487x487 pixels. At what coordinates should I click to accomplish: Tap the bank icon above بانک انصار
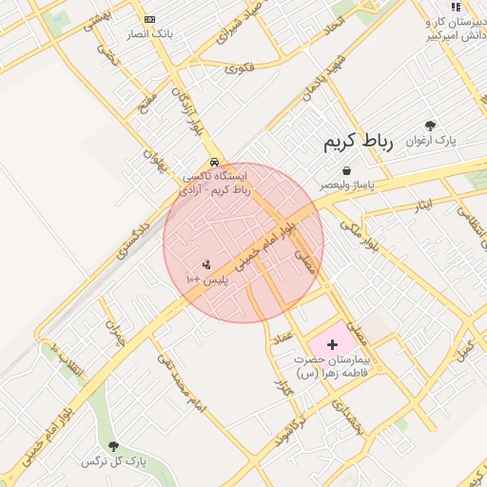point(149,19)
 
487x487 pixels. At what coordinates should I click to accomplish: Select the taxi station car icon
point(216,162)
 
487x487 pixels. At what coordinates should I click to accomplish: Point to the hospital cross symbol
point(332,344)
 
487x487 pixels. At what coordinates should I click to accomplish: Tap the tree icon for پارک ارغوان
point(430,126)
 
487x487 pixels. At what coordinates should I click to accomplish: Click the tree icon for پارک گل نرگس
point(114,446)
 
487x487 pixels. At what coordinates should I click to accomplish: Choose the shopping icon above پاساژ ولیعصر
point(346,170)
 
